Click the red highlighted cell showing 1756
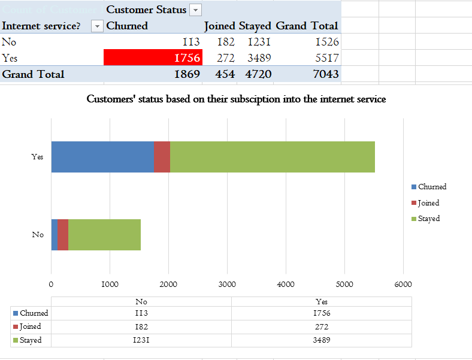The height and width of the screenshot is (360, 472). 153,58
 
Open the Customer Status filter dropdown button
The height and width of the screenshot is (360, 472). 195,10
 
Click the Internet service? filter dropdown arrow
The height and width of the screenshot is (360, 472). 97,26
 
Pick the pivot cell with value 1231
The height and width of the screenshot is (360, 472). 257,42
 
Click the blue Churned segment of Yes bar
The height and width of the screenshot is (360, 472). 102,157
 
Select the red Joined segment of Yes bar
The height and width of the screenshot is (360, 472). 162,157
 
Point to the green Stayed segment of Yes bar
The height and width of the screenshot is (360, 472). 272,157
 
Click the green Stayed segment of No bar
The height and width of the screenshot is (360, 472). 104,235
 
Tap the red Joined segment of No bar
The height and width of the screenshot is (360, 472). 63,235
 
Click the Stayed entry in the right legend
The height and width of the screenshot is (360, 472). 428,219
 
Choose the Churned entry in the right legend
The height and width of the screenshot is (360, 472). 431,187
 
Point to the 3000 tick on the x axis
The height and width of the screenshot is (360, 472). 227,284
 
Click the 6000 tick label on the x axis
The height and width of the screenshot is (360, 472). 403,284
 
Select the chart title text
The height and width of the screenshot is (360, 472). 236,99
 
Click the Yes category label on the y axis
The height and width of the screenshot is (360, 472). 37,157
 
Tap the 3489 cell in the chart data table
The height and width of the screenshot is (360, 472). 322,340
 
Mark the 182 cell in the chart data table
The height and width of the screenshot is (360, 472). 141,326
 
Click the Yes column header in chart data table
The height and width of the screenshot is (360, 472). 322,301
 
